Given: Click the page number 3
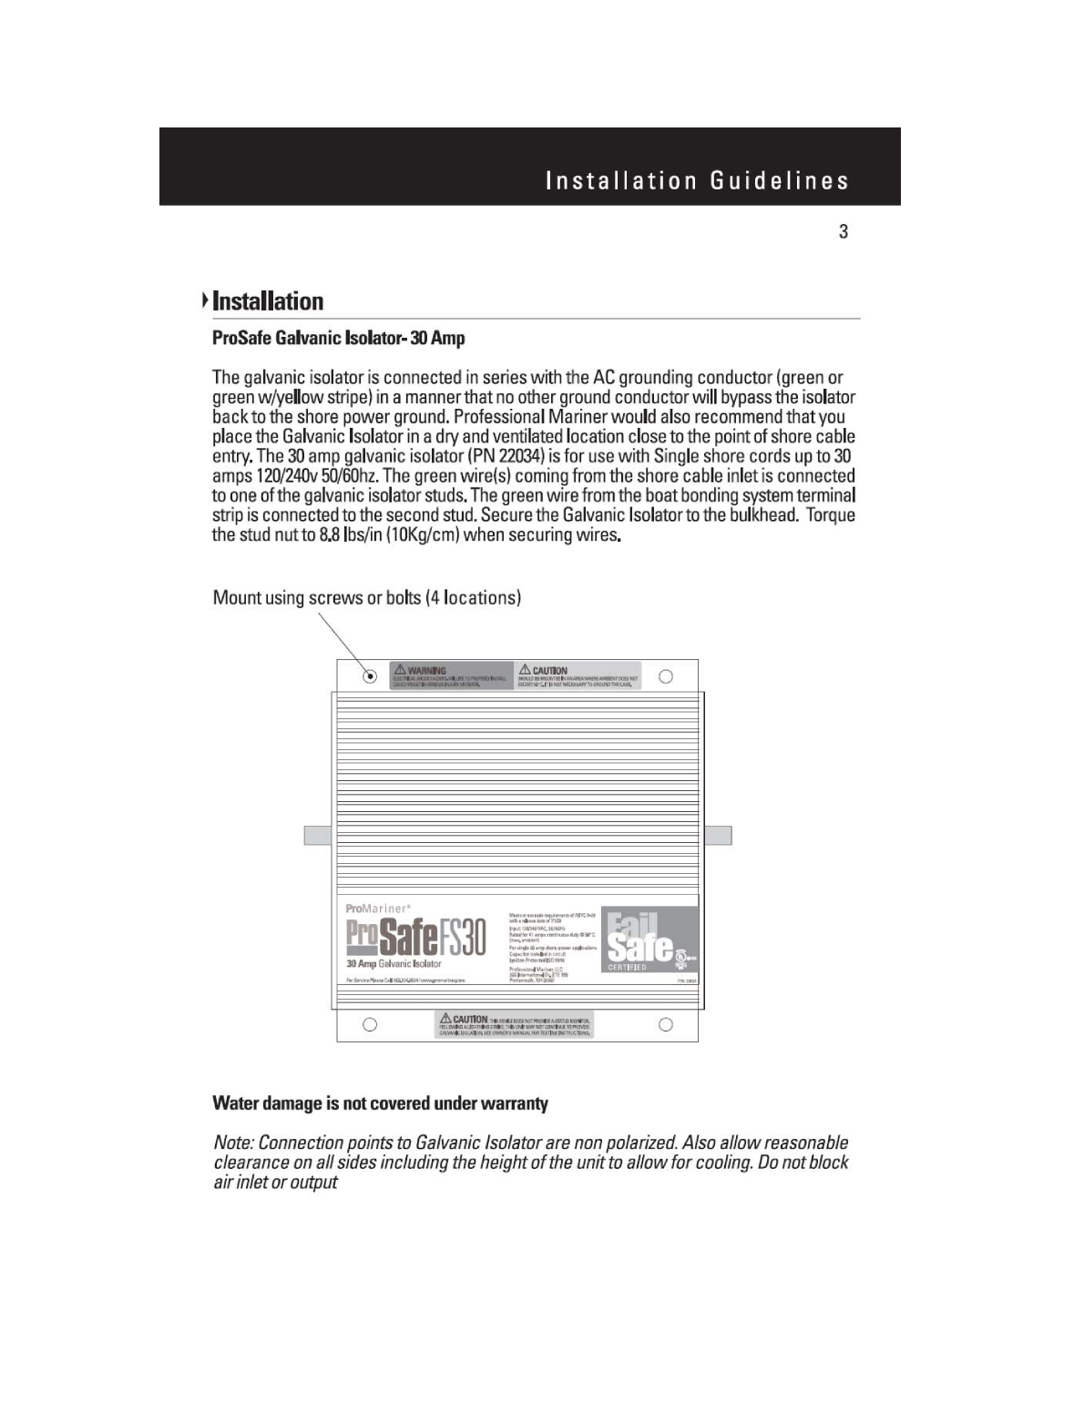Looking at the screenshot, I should (844, 231).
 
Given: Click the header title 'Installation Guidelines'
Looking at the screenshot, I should (697, 180).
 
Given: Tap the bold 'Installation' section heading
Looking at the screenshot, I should (267, 301).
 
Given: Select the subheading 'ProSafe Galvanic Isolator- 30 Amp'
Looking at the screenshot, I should (338, 339).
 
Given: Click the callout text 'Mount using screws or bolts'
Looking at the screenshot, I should (366, 597).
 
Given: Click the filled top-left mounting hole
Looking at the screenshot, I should (370, 676).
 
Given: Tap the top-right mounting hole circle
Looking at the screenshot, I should (666, 676).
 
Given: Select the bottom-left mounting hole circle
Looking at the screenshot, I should (370, 1025).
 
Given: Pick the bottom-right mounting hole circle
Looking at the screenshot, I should (666, 1025).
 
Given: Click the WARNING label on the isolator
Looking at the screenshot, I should (451, 676).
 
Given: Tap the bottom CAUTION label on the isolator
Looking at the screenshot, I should (516, 1024).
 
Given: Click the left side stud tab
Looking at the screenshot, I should (317, 835).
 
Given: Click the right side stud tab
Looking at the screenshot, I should (719, 835).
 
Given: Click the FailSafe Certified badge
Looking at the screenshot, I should (649, 940).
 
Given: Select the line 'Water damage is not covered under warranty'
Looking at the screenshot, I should (381, 1103).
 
